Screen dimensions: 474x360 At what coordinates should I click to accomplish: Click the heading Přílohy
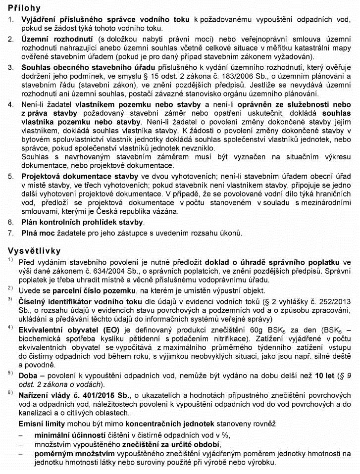click(25, 8)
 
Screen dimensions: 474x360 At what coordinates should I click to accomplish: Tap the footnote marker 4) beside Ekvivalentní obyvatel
click(10, 328)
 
